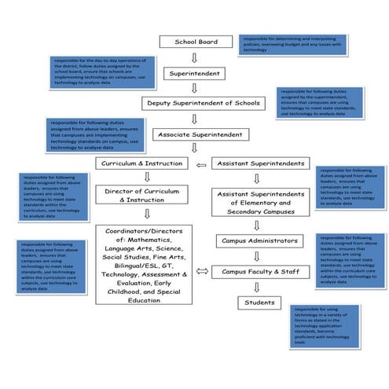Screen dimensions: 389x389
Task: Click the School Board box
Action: pyautogui.click(x=195, y=42)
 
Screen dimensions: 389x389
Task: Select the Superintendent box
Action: pyautogui.click(x=195, y=73)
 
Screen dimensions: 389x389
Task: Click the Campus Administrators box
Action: pyautogui.click(x=259, y=240)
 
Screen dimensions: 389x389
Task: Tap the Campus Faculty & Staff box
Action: pyautogui.click(x=259, y=271)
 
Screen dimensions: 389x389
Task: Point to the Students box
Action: pyautogui.click(x=259, y=302)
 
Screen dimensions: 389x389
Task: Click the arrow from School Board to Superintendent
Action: pyautogui.click(x=195, y=57)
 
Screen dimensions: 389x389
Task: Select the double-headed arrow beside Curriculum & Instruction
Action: pyautogui.click(x=201, y=163)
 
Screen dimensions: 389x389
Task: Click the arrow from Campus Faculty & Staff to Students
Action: pyautogui.click(x=259, y=287)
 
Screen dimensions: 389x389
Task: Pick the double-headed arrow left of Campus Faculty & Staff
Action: pyautogui.click(x=201, y=271)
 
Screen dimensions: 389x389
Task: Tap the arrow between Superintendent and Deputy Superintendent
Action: pyautogui.click(x=195, y=88)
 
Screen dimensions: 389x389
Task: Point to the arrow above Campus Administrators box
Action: pyautogui.click(x=259, y=225)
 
